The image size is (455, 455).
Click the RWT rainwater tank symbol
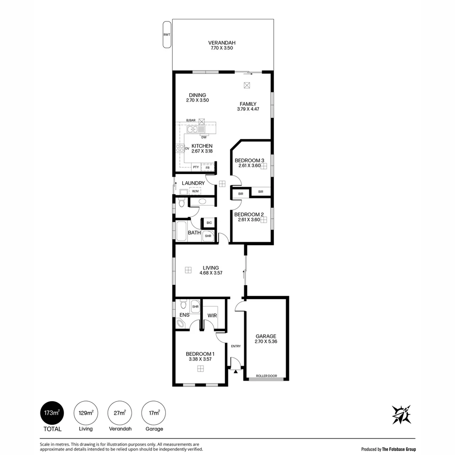pyautogui.click(x=166, y=35)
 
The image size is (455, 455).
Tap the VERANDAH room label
pyautogui.click(x=222, y=43)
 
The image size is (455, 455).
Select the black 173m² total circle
pyautogui.click(x=52, y=412)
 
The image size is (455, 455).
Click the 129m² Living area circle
pyautogui.click(x=86, y=412)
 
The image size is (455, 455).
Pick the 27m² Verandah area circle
pyautogui.click(x=120, y=412)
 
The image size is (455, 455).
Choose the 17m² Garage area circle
pyautogui.click(x=153, y=412)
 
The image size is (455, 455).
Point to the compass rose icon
pyautogui.click(x=401, y=415)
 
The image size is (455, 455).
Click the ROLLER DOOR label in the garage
pyautogui.click(x=266, y=376)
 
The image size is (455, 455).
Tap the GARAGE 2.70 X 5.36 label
pyautogui.click(x=266, y=339)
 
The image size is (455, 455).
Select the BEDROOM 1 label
pyautogui.click(x=200, y=354)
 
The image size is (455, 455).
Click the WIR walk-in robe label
pyautogui.click(x=212, y=316)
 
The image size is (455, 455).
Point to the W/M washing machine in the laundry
pyautogui.click(x=195, y=191)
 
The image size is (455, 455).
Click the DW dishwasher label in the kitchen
pyautogui.click(x=204, y=137)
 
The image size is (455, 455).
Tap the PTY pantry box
pyautogui.click(x=196, y=167)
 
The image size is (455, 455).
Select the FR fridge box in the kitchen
pyautogui.click(x=207, y=167)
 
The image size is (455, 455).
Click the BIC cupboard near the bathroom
pyautogui.click(x=209, y=222)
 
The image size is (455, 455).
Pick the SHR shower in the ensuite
pyautogui.click(x=195, y=306)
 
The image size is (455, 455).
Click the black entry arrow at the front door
pyautogui.click(x=236, y=371)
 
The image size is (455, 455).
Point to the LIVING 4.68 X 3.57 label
pyautogui.click(x=211, y=270)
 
